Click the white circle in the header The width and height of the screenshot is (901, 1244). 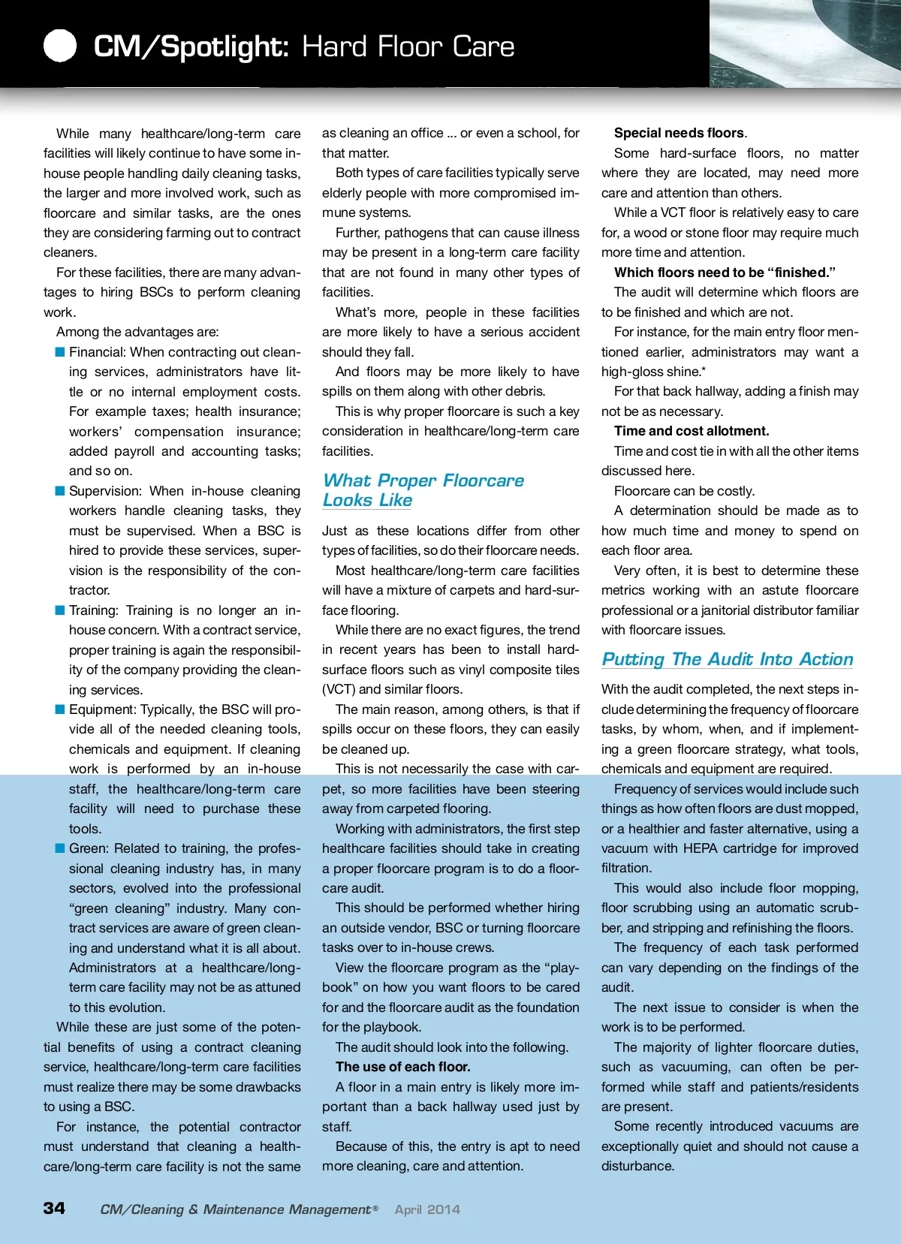60,46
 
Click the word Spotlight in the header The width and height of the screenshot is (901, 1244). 224,47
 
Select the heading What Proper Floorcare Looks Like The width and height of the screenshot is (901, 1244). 423,490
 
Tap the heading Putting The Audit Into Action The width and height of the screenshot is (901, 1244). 727,659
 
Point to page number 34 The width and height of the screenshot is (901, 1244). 54,1208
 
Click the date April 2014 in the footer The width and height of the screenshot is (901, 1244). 427,1209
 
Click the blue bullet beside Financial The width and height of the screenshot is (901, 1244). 60,351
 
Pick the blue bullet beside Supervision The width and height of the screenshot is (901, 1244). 60,491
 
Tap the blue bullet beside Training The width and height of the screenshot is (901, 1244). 60,610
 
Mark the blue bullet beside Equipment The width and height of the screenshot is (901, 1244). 60,709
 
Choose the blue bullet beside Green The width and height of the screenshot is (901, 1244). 60,848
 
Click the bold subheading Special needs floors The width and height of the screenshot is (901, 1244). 680,133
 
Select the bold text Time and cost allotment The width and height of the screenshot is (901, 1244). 691,431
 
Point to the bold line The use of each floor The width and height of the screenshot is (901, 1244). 402,1067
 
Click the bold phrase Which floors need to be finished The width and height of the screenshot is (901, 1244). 725,273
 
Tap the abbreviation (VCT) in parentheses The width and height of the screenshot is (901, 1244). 339,689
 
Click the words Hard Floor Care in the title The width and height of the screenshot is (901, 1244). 408,47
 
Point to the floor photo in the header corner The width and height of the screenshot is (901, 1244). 804,44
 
